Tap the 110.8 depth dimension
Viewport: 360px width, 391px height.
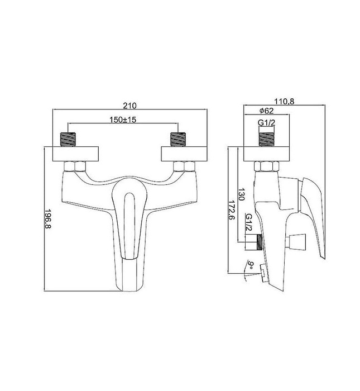284,101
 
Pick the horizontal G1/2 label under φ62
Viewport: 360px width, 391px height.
266,123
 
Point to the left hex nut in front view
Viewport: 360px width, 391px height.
75,166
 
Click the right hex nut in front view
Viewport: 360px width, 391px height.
184,166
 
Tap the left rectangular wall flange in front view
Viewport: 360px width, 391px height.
75,154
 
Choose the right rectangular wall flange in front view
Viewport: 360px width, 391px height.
184,154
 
